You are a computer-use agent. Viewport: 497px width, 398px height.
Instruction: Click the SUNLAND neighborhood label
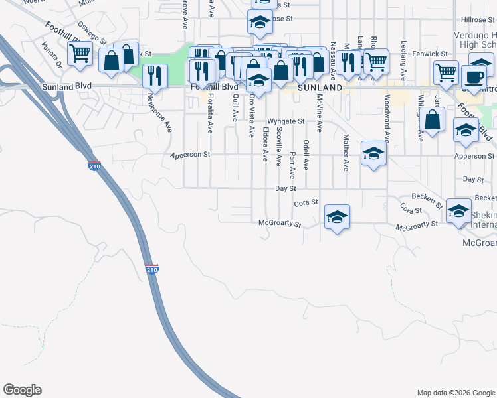coord(320,88)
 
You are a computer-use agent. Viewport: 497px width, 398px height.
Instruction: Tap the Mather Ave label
coord(346,153)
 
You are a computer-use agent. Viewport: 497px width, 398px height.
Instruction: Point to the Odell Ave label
coord(306,155)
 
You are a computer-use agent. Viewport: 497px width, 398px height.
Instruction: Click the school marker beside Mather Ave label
coord(374,153)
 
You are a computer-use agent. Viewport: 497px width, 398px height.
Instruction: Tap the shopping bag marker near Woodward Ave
coord(433,119)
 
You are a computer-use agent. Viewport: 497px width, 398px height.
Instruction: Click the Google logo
coord(22,390)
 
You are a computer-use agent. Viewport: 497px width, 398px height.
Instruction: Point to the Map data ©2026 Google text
coord(455,393)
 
